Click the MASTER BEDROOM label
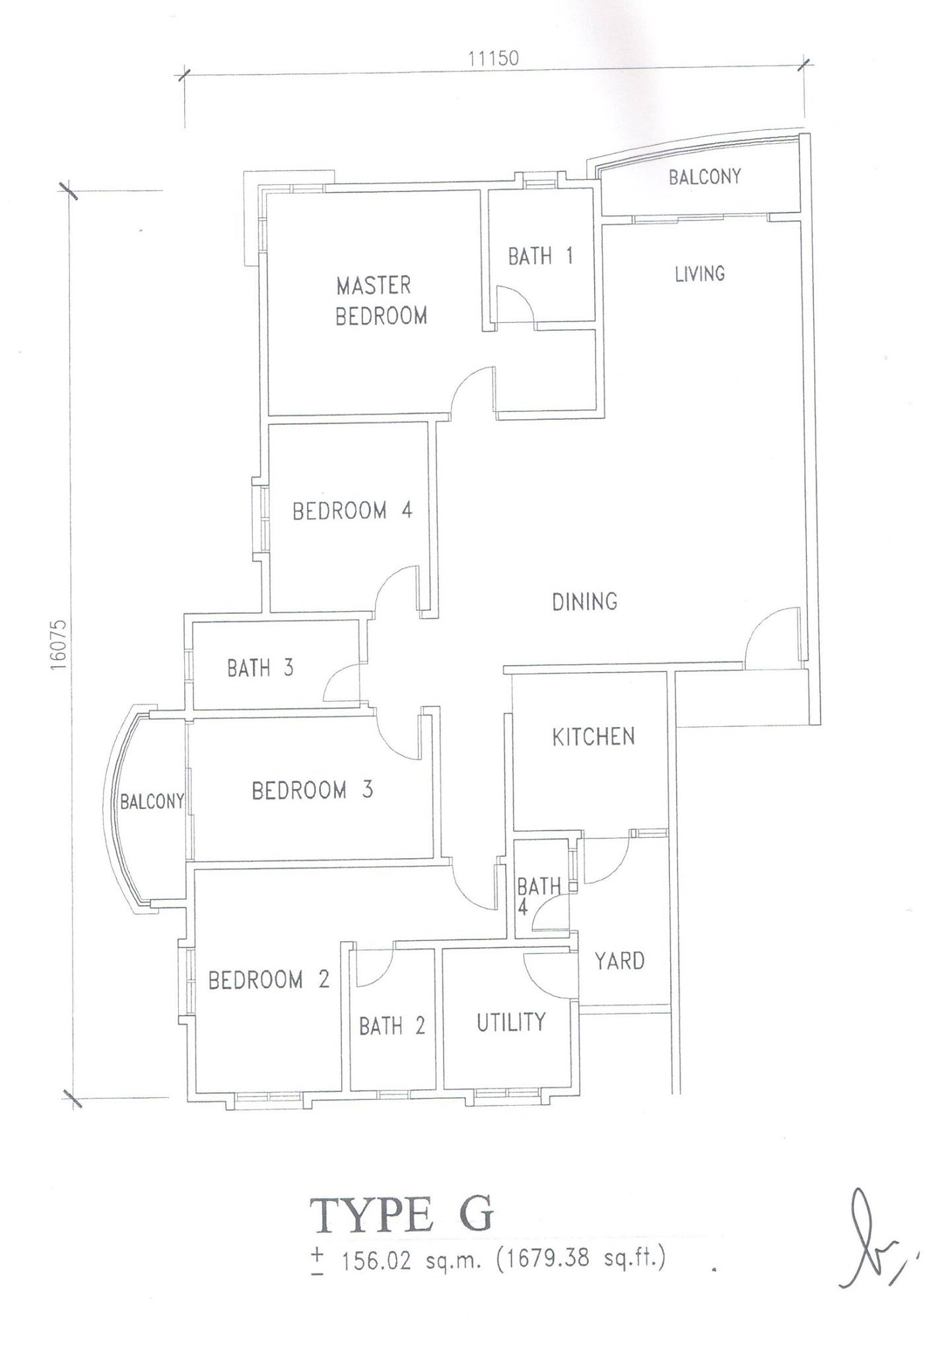[x=382, y=301]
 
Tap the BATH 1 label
[x=540, y=256]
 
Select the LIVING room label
[x=700, y=273]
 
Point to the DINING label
[x=585, y=601]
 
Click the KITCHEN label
[x=594, y=736]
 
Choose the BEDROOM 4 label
[x=353, y=510]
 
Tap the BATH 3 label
[x=260, y=668]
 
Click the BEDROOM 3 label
[x=312, y=790]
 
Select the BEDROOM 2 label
[x=269, y=980]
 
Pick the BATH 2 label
[x=392, y=1026]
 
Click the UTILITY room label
[x=511, y=1022]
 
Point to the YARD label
[x=619, y=961]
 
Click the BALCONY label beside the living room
[x=704, y=177]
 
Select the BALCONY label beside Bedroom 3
[x=151, y=801]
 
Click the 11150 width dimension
[x=493, y=58]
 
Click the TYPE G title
[x=401, y=1217]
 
